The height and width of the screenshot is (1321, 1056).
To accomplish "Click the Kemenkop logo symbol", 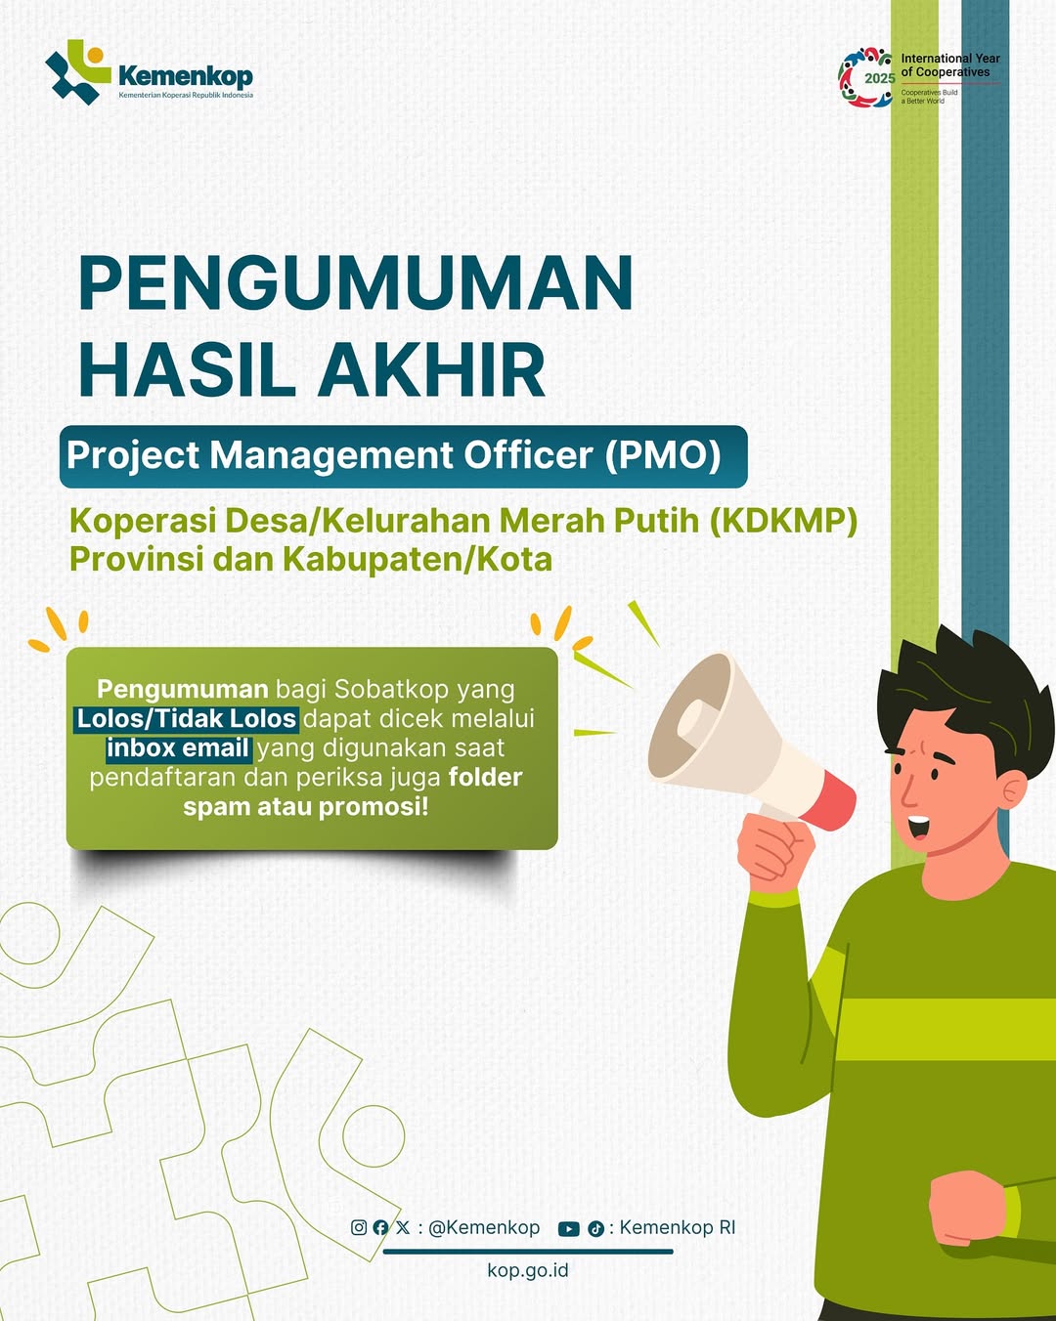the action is pyautogui.click(x=78, y=72).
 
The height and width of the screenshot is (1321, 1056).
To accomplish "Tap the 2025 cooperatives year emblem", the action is pyautogui.click(x=865, y=78).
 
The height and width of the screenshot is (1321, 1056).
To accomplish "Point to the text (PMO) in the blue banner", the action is pyautogui.click(x=662, y=455).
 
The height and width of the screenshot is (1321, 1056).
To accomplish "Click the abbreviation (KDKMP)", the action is pyautogui.click(x=783, y=521).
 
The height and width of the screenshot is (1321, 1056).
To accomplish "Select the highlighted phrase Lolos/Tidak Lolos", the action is pyautogui.click(x=186, y=718).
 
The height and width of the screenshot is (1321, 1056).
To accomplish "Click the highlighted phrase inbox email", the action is pyautogui.click(x=178, y=747).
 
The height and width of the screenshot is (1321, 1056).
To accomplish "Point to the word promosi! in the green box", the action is pyautogui.click(x=374, y=806).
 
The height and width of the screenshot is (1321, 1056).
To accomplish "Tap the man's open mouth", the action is pyautogui.click(x=918, y=827).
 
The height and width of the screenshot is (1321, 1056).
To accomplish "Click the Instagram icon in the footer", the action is pyautogui.click(x=359, y=1227).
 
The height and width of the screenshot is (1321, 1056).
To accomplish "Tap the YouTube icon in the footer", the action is pyautogui.click(x=568, y=1229).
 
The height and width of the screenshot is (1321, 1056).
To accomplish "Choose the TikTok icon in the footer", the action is pyautogui.click(x=595, y=1229).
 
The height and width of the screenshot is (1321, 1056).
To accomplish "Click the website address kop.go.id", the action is pyautogui.click(x=528, y=1269).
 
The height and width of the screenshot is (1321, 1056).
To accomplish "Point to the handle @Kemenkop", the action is pyautogui.click(x=483, y=1227).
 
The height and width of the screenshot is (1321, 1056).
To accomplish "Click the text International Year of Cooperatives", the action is pyautogui.click(x=949, y=65).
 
